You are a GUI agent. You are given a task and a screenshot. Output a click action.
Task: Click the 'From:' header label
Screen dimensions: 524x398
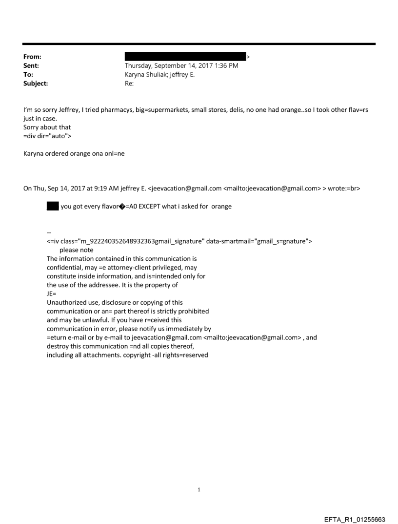pyautogui.click(x=32, y=57)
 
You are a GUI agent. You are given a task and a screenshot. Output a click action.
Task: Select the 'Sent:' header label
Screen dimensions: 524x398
pyautogui.click(x=31, y=65)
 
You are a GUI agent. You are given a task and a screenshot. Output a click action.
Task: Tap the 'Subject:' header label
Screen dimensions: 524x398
pyautogui.click(x=35, y=84)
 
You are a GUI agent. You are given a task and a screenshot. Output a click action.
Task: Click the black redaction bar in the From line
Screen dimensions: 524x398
pyautogui.click(x=185, y=57)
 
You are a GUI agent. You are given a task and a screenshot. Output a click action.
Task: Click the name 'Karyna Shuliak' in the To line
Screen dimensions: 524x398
pyautogui.click(x=146, y=75)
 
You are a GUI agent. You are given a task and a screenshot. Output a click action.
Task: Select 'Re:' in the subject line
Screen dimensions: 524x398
pyautogui.click(x=129, y=84)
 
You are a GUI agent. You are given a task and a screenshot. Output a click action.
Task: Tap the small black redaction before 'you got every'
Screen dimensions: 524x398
pyautogui.click(x=52, y=206)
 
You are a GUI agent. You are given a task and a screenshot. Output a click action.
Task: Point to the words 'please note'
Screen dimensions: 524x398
pyautogui.click(x=76, y=250)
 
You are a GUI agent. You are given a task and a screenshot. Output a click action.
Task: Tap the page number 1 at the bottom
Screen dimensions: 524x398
pyautogui.click(x=199, y=489)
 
